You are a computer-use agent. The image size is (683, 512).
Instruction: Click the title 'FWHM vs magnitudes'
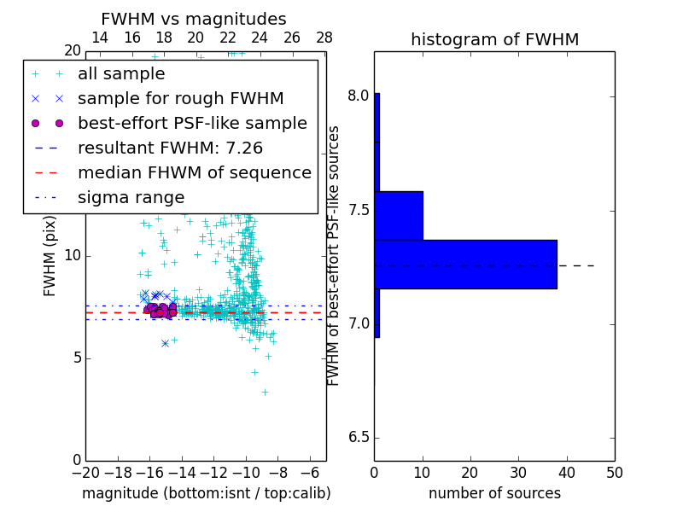(194, 20)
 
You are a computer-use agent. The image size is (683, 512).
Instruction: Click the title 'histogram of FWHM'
(494, 39)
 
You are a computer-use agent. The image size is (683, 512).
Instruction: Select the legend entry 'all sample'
(121, 74)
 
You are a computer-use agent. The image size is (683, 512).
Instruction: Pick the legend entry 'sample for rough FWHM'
(180, 99)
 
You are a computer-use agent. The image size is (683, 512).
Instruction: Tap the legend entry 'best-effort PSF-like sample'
(192, 124)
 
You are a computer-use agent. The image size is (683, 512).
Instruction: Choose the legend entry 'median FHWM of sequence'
(194, 173)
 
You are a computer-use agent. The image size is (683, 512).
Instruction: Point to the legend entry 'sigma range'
(131, 198)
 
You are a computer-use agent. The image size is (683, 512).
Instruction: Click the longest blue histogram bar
(465, 265)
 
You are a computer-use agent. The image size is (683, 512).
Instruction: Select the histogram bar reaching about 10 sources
(399, 216)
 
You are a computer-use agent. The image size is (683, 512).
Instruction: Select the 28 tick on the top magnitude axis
(324, 38)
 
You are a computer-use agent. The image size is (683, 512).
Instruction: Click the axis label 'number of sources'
(494, 493)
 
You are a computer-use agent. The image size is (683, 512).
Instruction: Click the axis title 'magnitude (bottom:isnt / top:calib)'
(206, 493)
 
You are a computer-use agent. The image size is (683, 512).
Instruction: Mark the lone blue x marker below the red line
(165, 343)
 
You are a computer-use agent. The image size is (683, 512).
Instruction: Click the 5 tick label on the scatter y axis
(75, 358)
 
